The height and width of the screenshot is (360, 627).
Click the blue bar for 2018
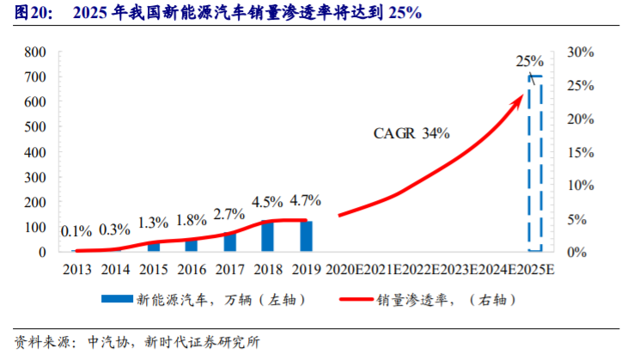(267, 236)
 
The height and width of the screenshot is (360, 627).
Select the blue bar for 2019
(307, 236)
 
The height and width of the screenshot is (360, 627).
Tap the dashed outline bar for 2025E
(535, 163)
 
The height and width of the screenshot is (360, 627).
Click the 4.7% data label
(306, 201)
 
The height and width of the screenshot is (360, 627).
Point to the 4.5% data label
(267, 203)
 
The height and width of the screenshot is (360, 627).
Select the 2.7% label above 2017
(229, 214)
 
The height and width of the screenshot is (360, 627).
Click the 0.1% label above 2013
(76, 230)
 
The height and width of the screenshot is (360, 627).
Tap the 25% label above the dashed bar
(530, 61)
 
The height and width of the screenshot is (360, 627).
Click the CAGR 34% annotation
(411, 134)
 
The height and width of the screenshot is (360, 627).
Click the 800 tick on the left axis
(35, 52)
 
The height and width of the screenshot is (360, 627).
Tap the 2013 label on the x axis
(76, 269)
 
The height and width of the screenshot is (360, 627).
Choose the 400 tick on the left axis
(35, 152)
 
